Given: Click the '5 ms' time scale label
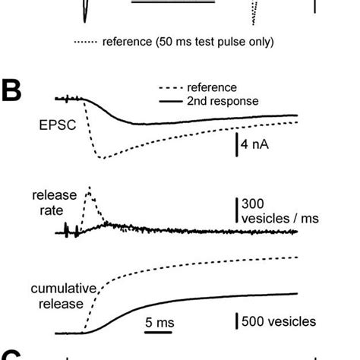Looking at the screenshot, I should (x=159, y=322).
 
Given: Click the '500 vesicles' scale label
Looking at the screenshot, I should (x=279, y=322).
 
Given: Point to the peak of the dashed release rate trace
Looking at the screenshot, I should (x=90, y=187).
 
